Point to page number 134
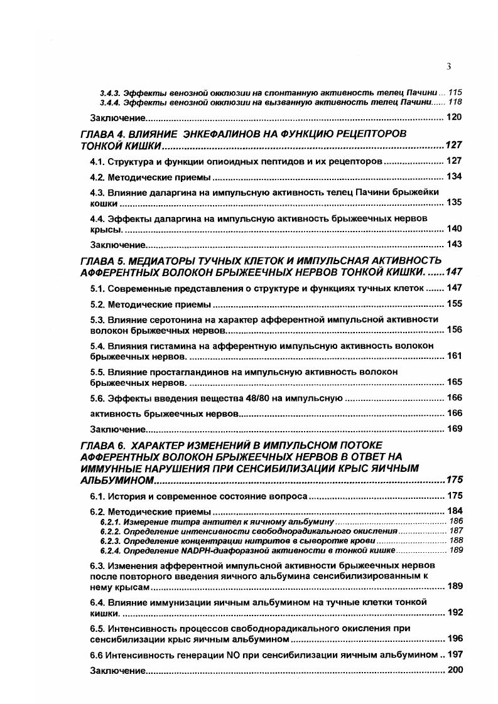click(x=454, y=176)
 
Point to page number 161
click(x=454, y=356)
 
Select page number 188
click(x=456, y=540)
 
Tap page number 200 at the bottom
click(x=454, y=670)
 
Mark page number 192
click(x=454, y=612)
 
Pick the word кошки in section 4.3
click(x=104, y=203)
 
